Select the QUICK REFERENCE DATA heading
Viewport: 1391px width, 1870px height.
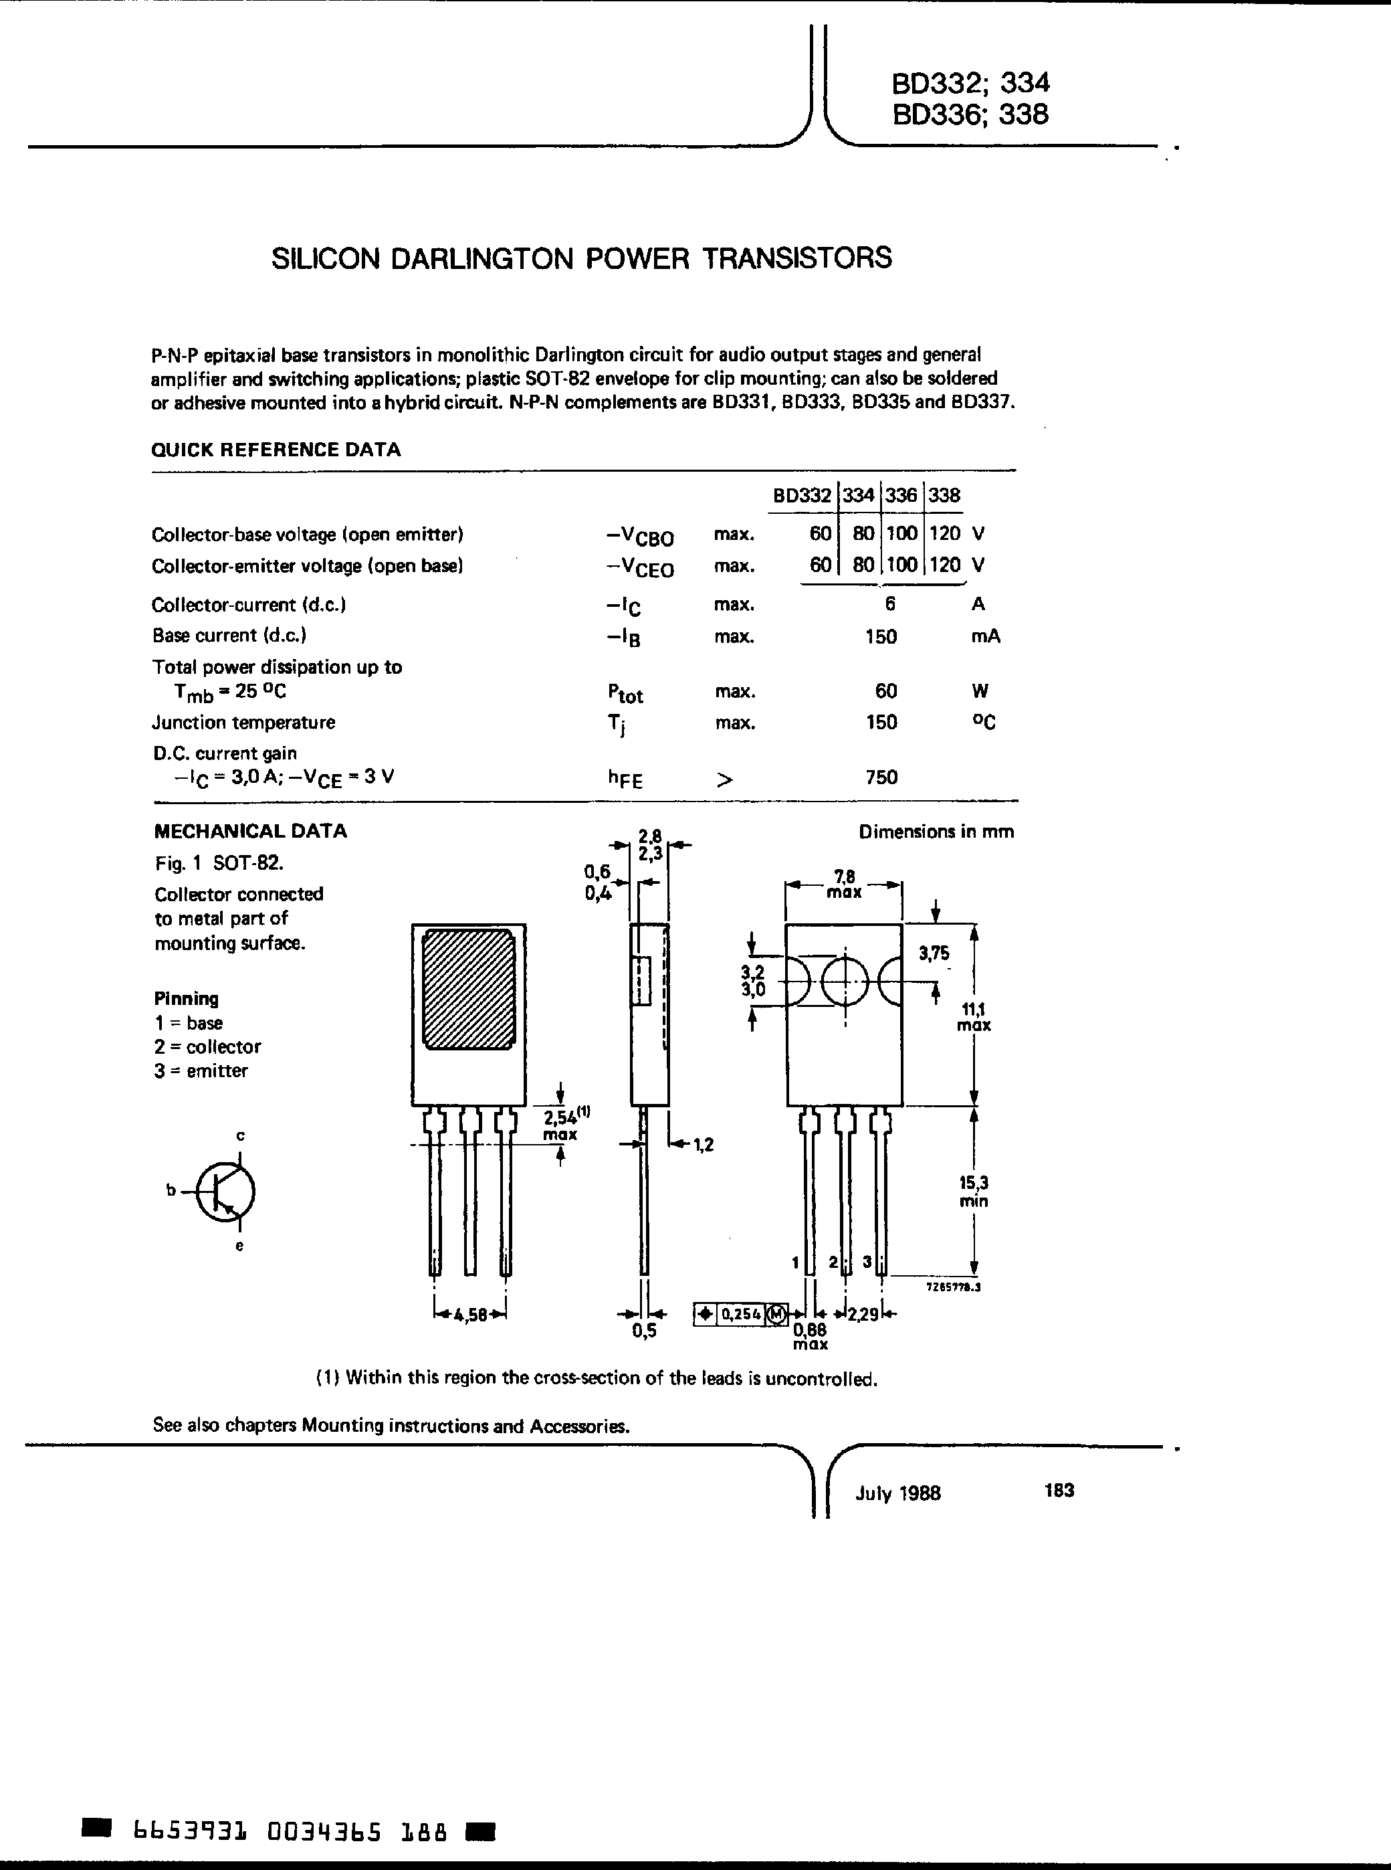(x=276, y=450)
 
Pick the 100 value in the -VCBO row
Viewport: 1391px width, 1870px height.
(x=901, y=534)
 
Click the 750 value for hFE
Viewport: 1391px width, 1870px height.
(x=881, y=777)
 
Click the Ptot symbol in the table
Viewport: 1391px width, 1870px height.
(x=625, y=693)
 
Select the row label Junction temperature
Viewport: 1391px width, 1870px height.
(x=243, y=723)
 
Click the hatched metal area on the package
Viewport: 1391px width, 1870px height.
(x=469, y=989)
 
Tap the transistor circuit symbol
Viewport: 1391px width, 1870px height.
(x=224, y=1191)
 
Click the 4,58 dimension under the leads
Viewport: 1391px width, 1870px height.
(x=470, y=1315)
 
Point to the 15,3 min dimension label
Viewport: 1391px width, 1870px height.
(x=973, y=1192)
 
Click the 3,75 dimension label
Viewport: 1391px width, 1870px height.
(x=934, y=953)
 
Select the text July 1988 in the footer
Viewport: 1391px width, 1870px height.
(x=897, y=1493)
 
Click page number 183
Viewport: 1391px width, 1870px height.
(x=1059, y=1490)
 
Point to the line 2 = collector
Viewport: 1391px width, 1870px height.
(x=207, y=1047)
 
